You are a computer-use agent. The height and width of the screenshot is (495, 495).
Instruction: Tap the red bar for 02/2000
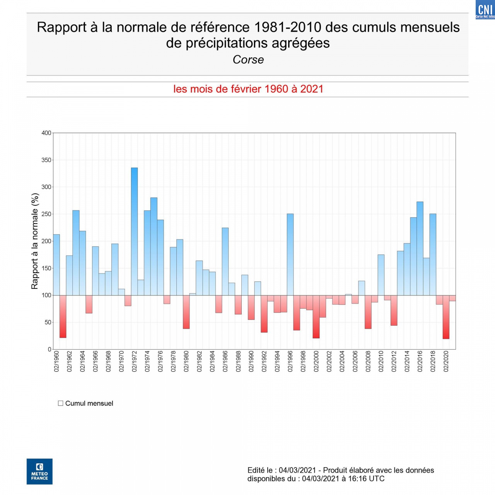316,317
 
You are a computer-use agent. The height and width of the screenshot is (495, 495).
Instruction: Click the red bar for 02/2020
446,317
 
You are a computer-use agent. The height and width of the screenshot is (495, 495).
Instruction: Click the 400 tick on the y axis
46,133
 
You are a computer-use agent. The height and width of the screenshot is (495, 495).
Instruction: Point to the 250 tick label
46,214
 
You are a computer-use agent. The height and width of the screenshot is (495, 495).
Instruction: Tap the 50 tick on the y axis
48,322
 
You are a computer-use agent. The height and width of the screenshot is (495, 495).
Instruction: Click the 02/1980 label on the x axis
186,361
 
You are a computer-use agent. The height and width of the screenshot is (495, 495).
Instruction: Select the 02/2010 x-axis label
381,361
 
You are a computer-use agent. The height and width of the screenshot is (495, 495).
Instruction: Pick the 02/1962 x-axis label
70,361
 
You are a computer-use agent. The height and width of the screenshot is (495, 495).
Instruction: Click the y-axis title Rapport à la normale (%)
35,241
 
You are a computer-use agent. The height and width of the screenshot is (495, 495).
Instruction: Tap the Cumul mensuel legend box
61,403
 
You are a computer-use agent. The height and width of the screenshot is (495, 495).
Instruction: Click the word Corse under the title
248,60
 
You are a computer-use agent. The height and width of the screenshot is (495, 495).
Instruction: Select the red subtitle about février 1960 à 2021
248,89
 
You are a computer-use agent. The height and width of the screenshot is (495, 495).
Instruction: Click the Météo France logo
39,471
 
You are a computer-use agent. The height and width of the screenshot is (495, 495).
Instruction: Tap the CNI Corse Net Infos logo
485,10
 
